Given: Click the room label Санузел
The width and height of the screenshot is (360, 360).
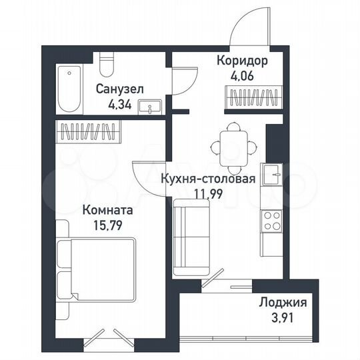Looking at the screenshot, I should point(119,89).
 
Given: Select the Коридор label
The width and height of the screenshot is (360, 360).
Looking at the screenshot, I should point(243,61).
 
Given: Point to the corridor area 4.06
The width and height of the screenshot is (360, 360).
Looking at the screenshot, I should point(243,75).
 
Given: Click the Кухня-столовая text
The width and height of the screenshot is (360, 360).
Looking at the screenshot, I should point(207,179).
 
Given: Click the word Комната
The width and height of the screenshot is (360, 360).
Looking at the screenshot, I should point(107,210).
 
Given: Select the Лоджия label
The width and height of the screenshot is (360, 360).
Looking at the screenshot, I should point(284,303).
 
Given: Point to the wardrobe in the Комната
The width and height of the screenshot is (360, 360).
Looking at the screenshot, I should point(88,131).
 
